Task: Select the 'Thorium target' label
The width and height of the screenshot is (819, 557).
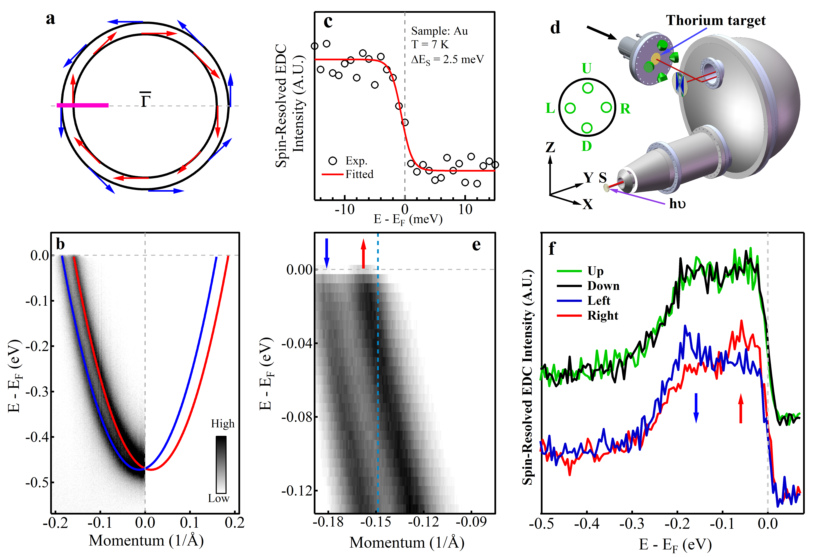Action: (715, 20)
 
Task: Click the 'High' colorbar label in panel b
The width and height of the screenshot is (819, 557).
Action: (222, 423)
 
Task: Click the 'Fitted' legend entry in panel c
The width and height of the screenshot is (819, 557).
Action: (359, 174)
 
